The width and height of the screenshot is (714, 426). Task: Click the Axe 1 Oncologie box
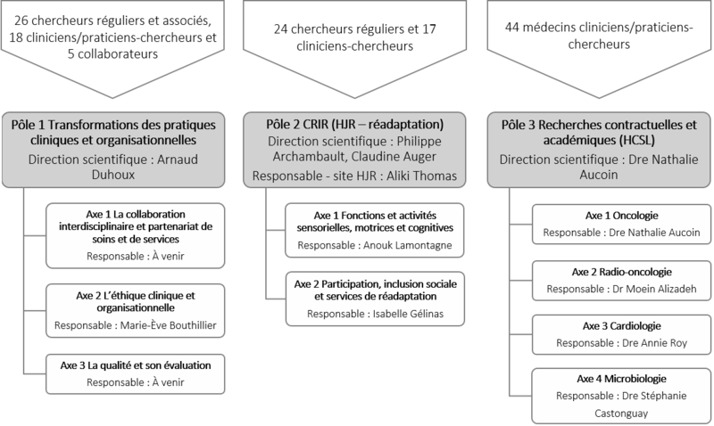coord(621,224)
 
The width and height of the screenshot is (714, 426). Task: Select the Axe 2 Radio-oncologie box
coord(621,281)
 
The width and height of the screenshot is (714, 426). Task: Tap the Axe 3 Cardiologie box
coord(621,334)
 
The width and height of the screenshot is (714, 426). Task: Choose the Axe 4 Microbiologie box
coord(621,396)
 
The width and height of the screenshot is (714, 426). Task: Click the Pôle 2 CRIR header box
coord(354,150)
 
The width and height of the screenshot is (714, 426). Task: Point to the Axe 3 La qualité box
coord(136,373)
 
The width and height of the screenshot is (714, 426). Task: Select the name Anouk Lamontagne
coord(408,245)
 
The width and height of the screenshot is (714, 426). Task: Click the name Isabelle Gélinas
coord(408,314)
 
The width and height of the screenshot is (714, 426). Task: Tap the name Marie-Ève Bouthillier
coord(168,325)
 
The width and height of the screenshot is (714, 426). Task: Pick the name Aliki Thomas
coord(421,176)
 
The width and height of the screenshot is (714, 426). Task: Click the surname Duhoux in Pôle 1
coord(113,175)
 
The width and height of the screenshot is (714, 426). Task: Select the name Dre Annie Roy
coord(654,343)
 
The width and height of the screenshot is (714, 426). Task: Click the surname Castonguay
coord(621,414)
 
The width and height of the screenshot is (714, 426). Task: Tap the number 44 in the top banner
coord(511,28)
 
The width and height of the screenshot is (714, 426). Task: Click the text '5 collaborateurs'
coord(113,53)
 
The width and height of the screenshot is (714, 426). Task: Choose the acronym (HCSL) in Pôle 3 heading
coord(636,140)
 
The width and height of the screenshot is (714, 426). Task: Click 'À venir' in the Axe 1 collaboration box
coord(168,257)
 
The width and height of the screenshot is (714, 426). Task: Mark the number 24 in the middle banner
coord(281,29)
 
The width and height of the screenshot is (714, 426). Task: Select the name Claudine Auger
coord(394,157)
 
